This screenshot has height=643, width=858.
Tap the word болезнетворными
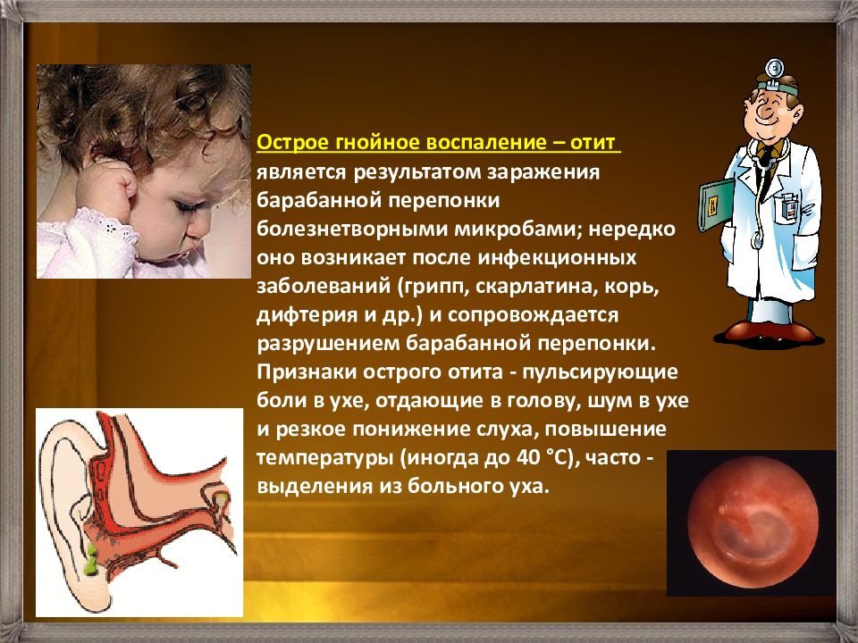tap(353, 230)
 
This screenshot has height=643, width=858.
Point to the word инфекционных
tap(557, 258)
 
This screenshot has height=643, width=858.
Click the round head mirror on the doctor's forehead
tap(774, 70)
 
